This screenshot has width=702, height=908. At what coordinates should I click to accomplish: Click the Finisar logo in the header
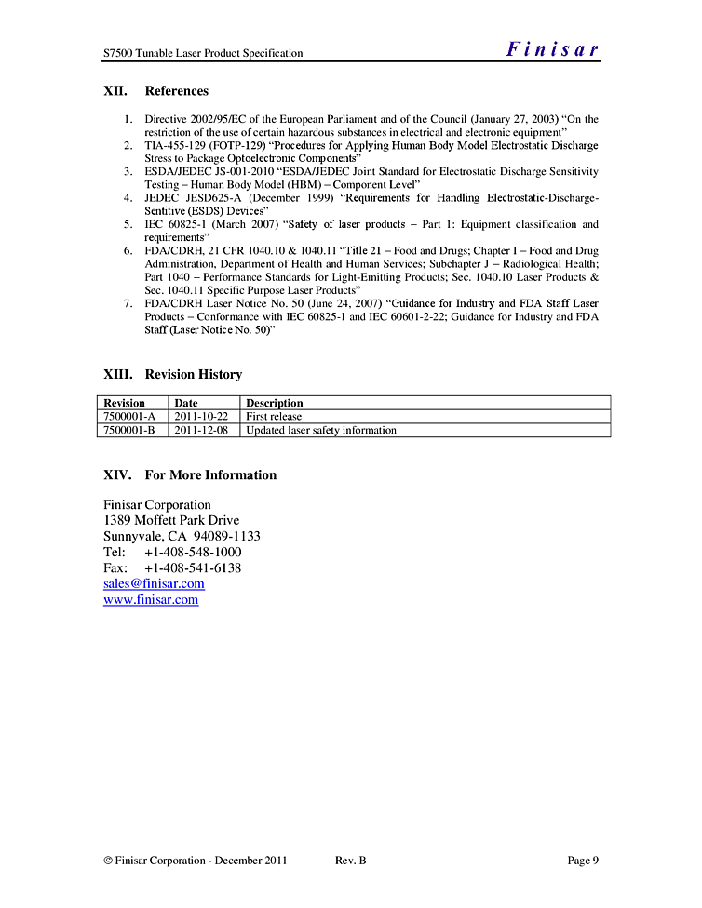[552, 50]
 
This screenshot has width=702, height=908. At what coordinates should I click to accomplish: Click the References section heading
[176, 91]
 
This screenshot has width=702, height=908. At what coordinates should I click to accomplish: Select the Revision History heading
[193, 375]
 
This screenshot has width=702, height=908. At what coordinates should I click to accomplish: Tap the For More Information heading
[210, 475]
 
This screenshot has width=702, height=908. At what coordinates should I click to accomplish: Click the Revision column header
[124, 403]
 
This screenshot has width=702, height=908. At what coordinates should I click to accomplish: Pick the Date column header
[186, 403]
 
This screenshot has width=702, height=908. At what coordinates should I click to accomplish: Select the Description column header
[275, 403]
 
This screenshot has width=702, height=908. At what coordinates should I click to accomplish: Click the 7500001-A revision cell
[129, 417]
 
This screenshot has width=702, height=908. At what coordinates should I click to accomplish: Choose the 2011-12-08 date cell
[201, 430]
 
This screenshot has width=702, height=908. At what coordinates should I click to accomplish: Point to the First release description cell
[274, 417]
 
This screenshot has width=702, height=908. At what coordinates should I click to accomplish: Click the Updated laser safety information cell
[321, 430]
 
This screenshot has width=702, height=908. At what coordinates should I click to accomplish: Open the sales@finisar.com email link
[154, 584]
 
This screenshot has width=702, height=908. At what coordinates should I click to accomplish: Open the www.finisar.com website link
[151, 600]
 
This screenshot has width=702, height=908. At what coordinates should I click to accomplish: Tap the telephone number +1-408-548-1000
[193, 552]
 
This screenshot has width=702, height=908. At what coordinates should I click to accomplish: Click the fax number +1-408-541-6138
[193, 567]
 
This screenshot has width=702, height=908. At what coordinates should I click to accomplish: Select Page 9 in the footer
[583, 861]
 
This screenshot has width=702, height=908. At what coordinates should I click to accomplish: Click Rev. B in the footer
[350, 861]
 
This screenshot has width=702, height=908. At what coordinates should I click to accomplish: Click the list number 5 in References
[128, 225]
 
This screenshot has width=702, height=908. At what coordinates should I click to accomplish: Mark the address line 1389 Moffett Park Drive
[171, 520]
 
